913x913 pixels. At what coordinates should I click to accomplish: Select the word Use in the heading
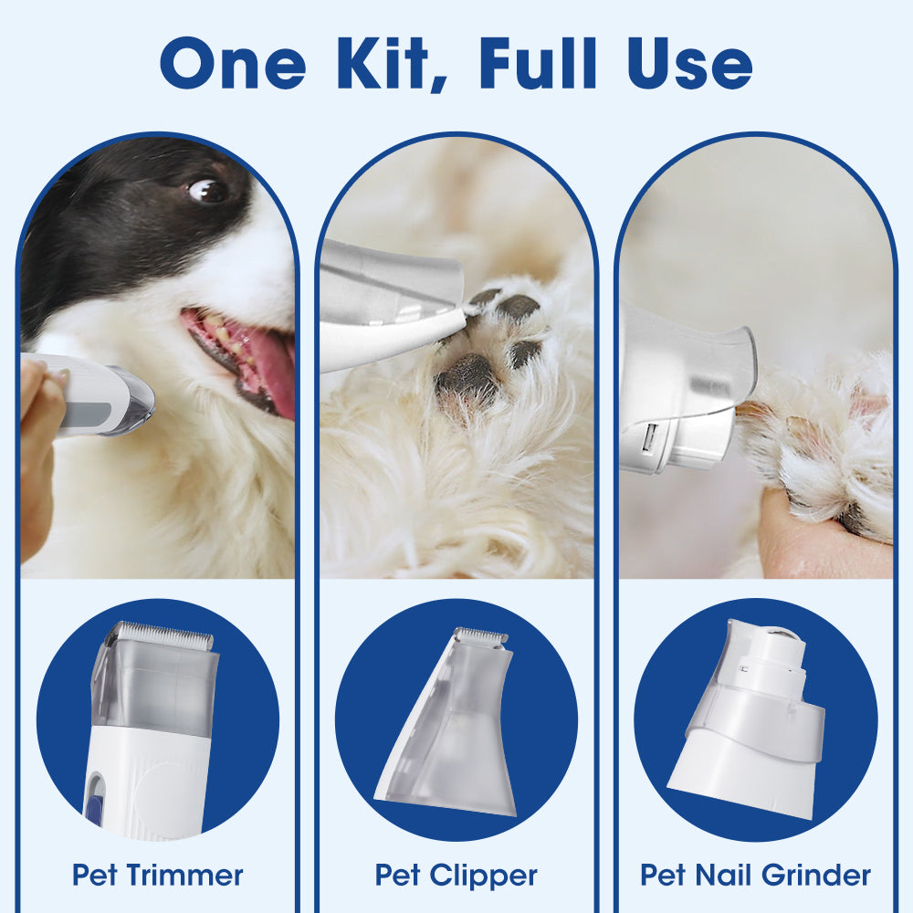coord(694,64)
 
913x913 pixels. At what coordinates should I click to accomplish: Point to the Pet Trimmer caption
coord(158,875)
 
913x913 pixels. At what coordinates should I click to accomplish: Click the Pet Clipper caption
coord(456,875)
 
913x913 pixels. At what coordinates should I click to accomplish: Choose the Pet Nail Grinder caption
coord(755,875)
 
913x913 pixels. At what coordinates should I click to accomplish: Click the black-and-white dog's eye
coord(208,190)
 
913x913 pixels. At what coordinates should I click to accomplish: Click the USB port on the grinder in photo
coord(646,441)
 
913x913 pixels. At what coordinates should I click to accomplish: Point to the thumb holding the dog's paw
coord(803,534)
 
